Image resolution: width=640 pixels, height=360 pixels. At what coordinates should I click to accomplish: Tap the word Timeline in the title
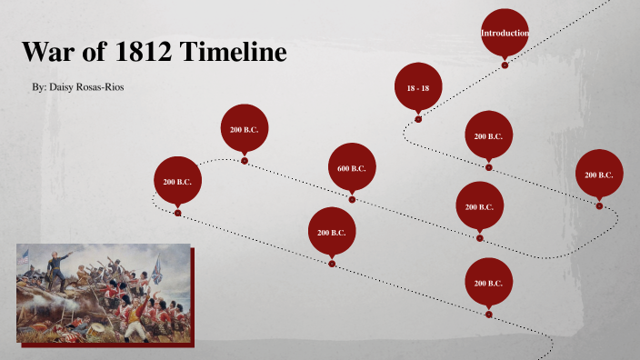(234, 53)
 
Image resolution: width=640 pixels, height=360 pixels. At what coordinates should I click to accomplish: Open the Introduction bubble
(505, 33)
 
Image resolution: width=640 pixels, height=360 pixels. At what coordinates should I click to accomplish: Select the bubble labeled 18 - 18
(418, 87)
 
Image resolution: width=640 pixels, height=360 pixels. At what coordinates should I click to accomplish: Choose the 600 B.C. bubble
(352, 167)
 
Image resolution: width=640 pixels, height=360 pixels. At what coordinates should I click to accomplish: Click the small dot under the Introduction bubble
(505, 65)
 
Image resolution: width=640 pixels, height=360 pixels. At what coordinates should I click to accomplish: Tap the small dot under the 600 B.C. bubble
(352, 199)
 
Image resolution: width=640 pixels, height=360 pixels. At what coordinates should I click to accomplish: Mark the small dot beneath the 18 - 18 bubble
(418, 119)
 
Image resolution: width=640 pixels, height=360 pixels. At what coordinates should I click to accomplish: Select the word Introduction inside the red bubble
(505, 34)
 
